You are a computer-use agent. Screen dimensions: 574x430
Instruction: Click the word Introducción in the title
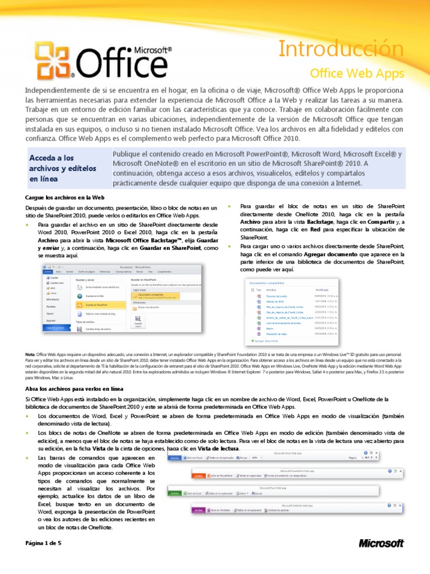[342, 50]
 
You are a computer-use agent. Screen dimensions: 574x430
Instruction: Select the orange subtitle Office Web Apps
[357, 73]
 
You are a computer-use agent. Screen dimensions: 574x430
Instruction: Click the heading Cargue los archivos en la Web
[66, 197]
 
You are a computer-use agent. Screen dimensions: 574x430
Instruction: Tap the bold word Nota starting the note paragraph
[30, 355]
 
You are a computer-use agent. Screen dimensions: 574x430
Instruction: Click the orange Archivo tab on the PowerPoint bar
[199, 475]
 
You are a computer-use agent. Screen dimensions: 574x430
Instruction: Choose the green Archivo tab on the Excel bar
[174, 493]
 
